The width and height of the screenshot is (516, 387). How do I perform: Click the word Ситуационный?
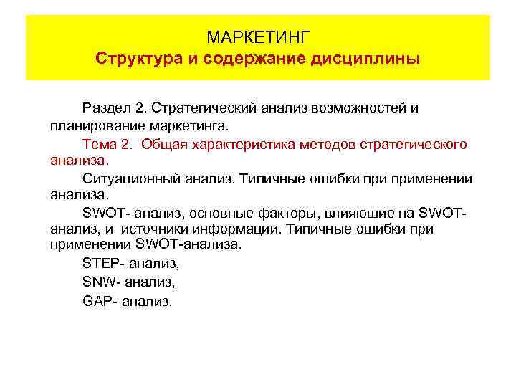(127, 178)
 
